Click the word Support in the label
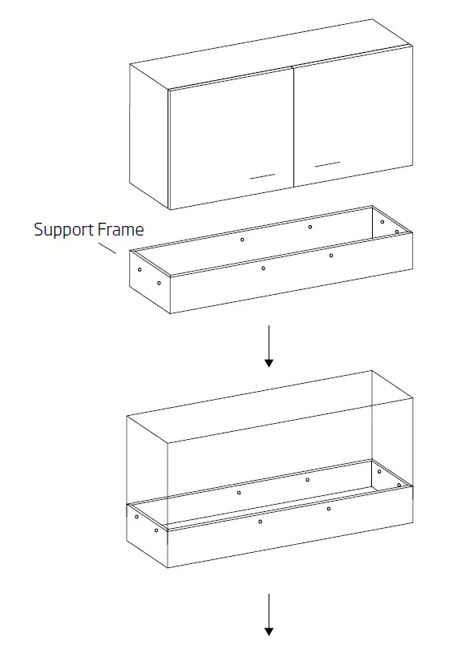pyautogui.click(x=63, y=231)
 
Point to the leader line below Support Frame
pyautogui.click(x=107, y=248)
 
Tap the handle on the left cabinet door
pyautogui.click(x=262, y=175)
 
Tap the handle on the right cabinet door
pyautogui.click(x=327, y=164)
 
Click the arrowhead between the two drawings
pyautogui.click(x=269, y=362)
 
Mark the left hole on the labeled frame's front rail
pyautogui.click(x=263, y=268)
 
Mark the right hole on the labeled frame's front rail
pyautogui.click(x=330, y=256)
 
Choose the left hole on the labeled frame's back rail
pyautogui.click(x=242, y=240)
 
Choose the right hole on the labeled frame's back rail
pyautogui.click(x=310, y=227)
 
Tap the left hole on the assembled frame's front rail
pyautogui.click(x=260, y=522)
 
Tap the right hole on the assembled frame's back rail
pyautogui.click(x=307, y=480)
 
